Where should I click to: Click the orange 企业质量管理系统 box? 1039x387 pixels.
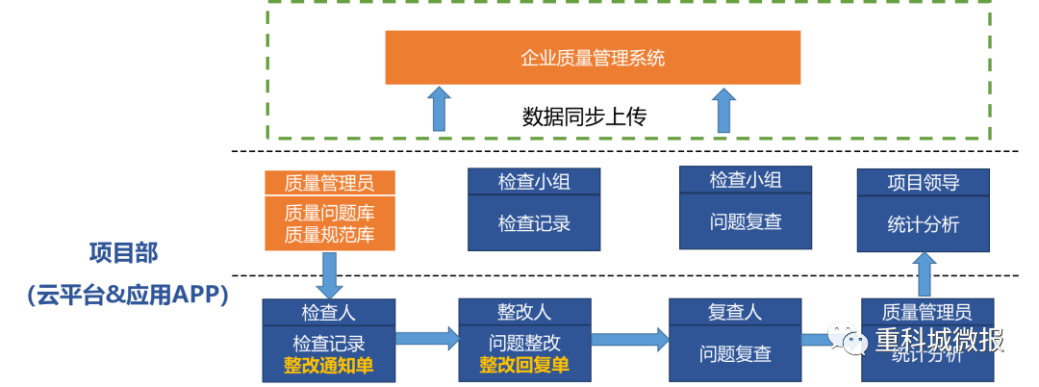(x=593, y=58)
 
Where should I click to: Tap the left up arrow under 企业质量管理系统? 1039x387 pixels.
(x=439, y=109)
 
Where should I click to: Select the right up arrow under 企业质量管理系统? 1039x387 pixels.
(x=724, y=110)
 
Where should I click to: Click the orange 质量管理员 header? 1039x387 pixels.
(x=329, y=182)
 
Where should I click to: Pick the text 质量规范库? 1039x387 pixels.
(x=329, y=235)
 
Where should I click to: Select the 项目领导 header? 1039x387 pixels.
(x=923, y=183)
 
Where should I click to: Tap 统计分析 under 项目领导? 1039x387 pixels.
(x=923, y=224)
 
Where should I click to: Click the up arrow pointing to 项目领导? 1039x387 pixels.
(x=925, y=274)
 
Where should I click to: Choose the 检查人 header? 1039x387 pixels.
(x=329, y=313)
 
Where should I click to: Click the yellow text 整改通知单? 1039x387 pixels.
(x=328, y=366)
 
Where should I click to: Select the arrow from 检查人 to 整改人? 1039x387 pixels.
(x=427, y=338)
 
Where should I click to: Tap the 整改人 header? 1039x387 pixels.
(x=524, y=313)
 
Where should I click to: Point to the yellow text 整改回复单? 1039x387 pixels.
(x=524, y=366)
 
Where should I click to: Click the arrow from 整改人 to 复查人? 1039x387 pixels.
(x=630, y=338)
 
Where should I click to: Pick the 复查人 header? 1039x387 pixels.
(x=735, y=313)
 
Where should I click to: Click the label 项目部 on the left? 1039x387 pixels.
(x=123, y=253)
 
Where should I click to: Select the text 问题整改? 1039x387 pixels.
(x=524, y=343)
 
